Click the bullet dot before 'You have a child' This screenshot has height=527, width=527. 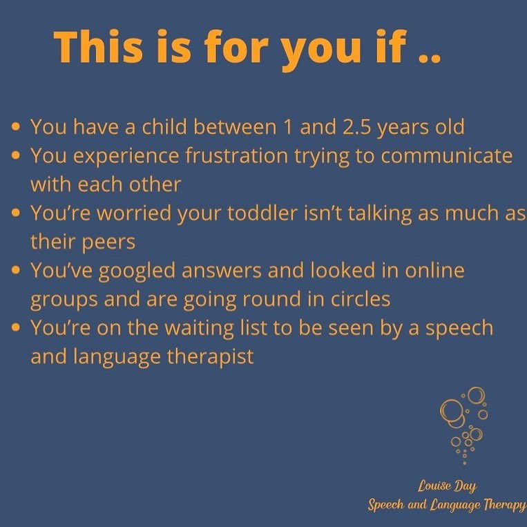pos(16,128)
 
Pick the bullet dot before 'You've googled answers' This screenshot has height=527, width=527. pos(16,271)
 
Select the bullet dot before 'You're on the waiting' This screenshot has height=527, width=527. pos(16,329)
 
